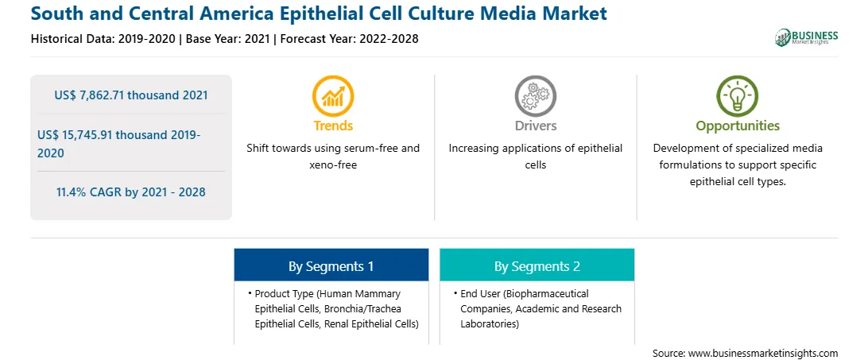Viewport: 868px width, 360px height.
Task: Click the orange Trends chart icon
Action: tap(333, 96)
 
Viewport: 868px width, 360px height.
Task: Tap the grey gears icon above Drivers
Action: tap(535, 96)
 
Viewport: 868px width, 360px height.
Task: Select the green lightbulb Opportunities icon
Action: tap(738, 96)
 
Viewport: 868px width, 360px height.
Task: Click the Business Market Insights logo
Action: tap(807, 37)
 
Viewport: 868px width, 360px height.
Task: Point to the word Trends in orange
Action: tap(333, 126)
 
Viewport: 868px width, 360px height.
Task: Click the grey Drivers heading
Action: tap(535, 126)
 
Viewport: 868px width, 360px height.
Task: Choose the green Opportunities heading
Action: tap(738, 126)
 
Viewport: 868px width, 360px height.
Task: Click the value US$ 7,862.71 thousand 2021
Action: tap(131, 95)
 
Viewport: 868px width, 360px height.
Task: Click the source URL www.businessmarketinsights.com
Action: tap(763, 354)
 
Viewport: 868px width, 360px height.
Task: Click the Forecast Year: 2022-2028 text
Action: tap(348, 39)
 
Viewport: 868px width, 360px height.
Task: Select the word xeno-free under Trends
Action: tap(333, 165)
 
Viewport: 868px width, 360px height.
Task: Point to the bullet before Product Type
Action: tap(250, 293)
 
